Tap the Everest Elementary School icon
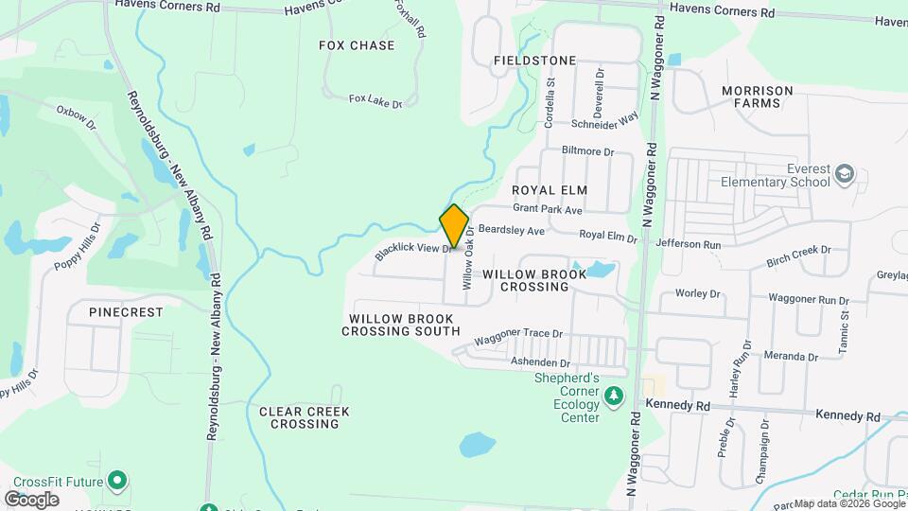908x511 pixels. coord(844,175)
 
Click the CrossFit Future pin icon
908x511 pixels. coord(117,481)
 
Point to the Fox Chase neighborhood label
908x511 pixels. coord(357,45)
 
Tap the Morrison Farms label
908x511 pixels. coord(757,97)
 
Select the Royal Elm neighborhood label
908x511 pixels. coord(550,190)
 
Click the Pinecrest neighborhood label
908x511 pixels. coord(126,311)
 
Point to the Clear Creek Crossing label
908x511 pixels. coord(305,417)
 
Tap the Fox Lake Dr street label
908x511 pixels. coord(375,99)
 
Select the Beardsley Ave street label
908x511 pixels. coord(512,230)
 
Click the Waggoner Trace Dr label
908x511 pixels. coord(518,335)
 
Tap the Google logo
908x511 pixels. coord(31,499)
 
